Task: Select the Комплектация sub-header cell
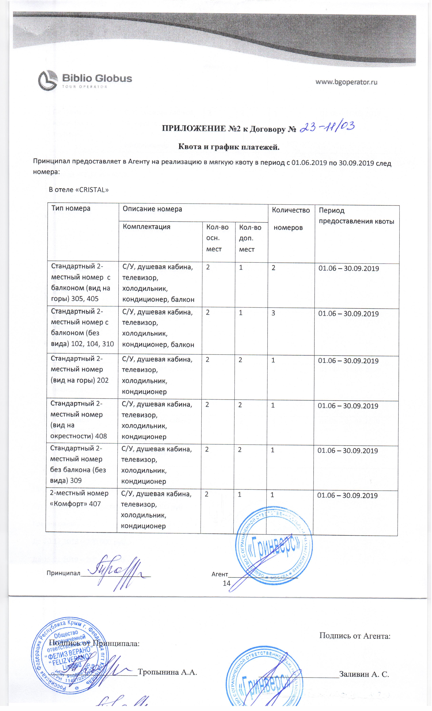147,227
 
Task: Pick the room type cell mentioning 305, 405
81,282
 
